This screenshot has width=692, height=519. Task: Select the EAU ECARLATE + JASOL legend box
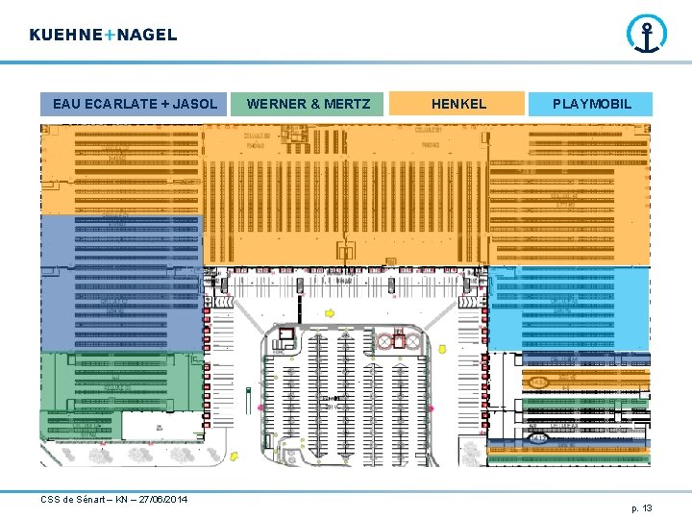tap(136, 104)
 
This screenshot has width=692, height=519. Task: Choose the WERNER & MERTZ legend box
tap(308, 104)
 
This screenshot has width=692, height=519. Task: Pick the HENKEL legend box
tap(458, 104)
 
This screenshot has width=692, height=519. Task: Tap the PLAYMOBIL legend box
tap(591, 104)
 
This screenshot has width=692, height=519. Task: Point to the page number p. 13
tap(641, 507)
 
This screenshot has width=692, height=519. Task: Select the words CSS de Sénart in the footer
tap(73, 499)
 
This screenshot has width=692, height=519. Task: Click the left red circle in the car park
tap(385, 341)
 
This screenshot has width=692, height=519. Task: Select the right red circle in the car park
tap(411, 341)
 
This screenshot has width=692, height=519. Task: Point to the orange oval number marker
tap(539, 382)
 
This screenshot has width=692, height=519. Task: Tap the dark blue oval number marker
tap(539, 437)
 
